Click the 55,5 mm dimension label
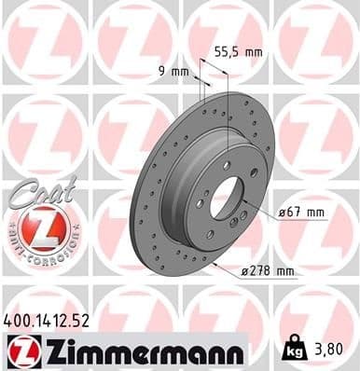239,53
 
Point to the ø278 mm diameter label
268,271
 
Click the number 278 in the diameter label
260,271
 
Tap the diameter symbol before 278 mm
244,271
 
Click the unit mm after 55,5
254,53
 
